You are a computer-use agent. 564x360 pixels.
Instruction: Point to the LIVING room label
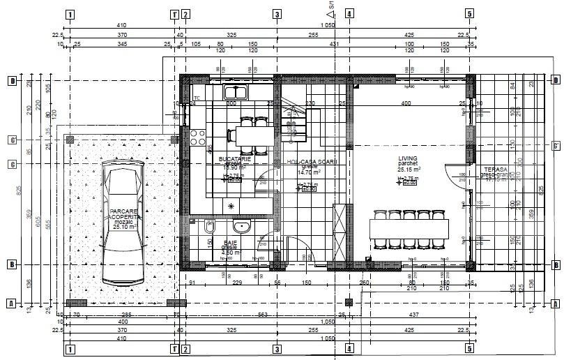click(x=408, y=159)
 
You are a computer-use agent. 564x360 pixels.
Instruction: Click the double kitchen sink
click(x=236, y=91)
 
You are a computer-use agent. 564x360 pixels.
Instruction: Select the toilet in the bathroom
click(x=209, y=227)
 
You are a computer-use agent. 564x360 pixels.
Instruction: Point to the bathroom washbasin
click(x=242, y=226)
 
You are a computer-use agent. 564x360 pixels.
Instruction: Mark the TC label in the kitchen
click(x=197, y=98)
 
